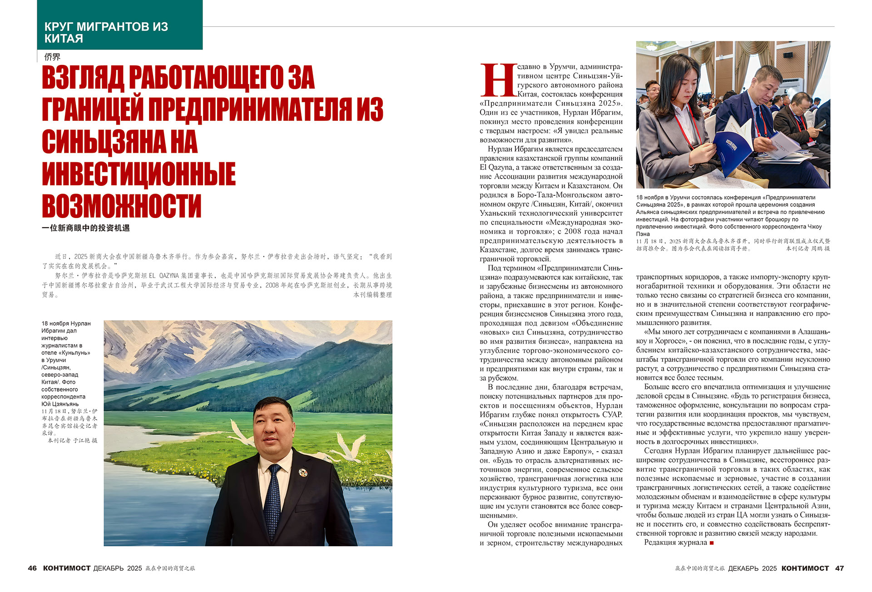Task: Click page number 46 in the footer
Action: click(32, 568)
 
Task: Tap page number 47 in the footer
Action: click(839, 568)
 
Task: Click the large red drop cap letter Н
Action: click(498, 80)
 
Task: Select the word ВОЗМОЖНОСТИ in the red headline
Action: click(121, 206)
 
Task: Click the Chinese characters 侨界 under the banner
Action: click(52, 57)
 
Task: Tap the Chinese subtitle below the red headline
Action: click(86, 228)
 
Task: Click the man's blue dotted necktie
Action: click(272, 500)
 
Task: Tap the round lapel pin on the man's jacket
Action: click(303, 473)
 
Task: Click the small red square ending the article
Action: click(712, 543)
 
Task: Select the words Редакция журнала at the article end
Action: click(675, 542)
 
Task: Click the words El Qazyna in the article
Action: click(495, 167)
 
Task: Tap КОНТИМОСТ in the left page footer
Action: click(67, 568)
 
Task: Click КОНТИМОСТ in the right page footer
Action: click(805, 568)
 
